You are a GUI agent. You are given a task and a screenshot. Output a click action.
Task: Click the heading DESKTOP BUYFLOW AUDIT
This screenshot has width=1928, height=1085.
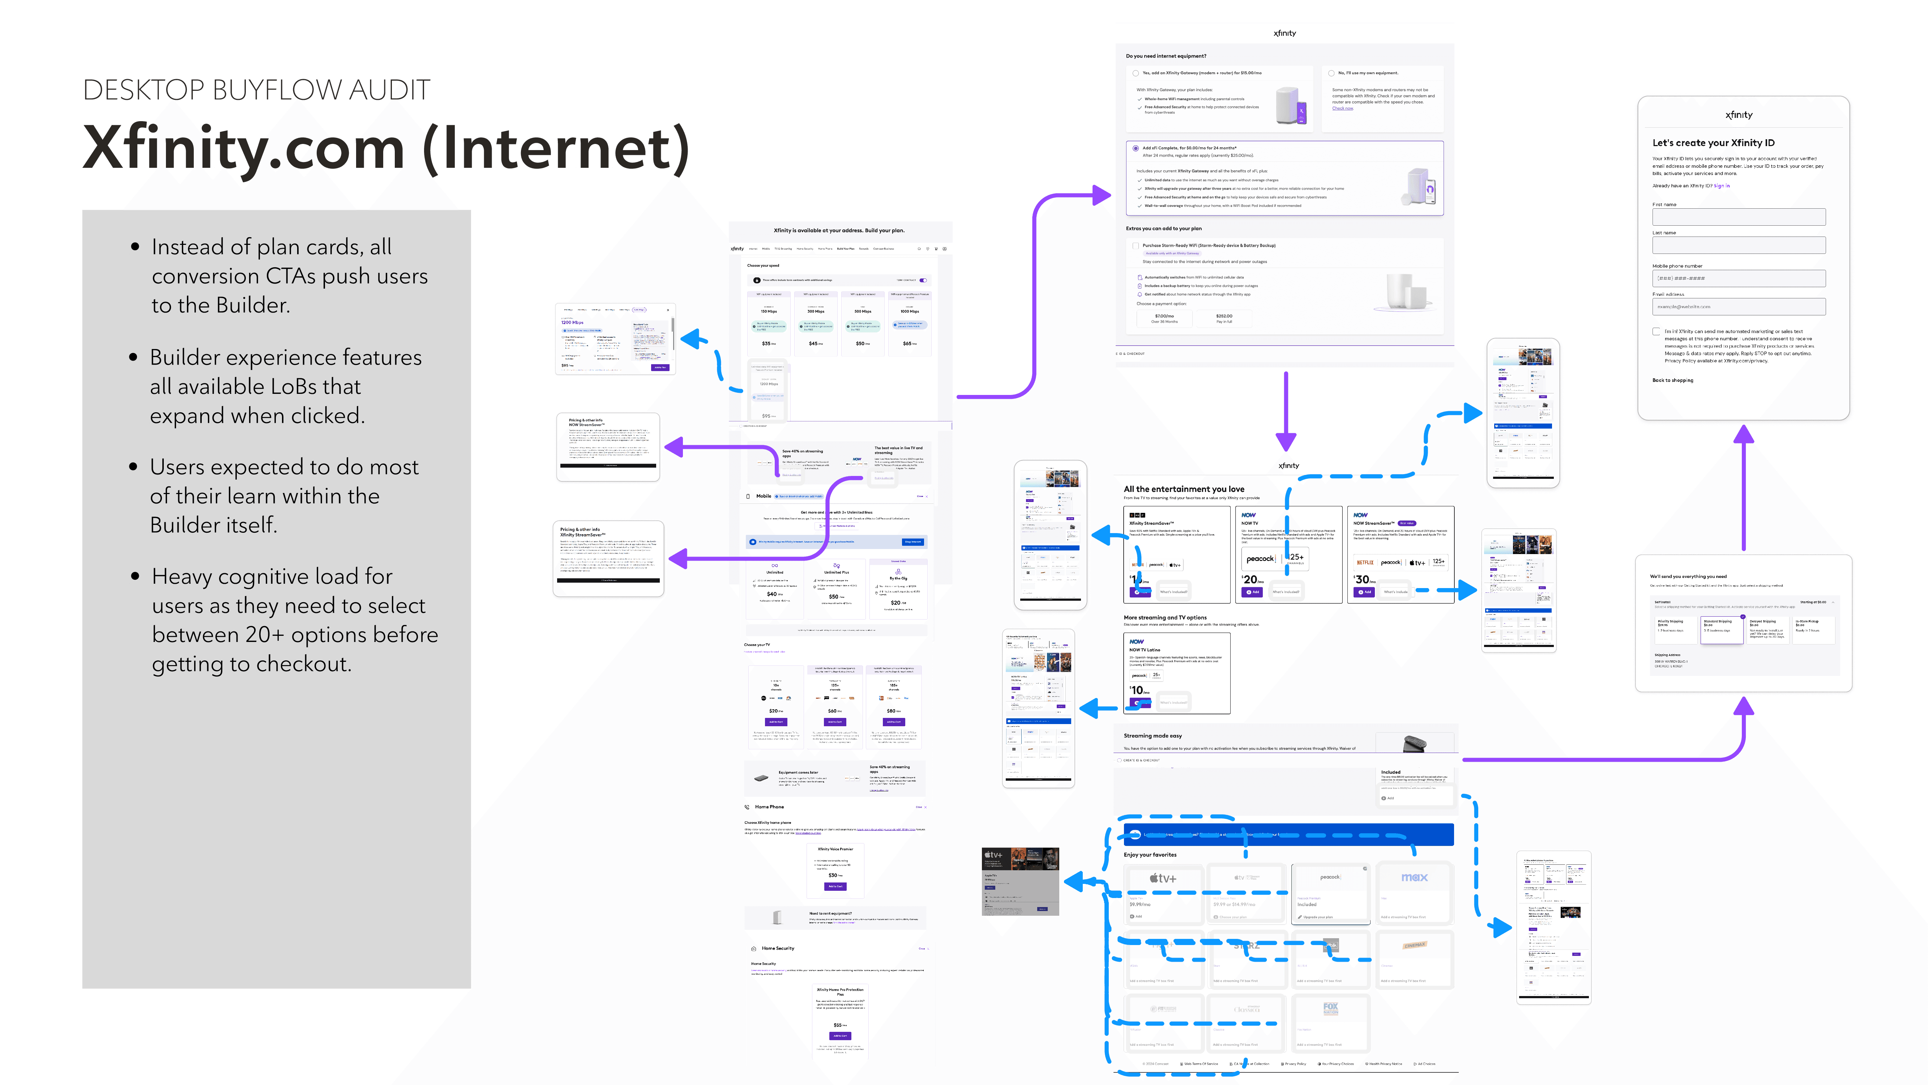click(x=256, y=90)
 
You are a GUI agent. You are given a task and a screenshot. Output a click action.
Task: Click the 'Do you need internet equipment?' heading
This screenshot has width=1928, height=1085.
click(x=1165, y=56)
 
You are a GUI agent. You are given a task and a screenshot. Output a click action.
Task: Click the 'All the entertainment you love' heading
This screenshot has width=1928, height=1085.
click(x=1183, y=489)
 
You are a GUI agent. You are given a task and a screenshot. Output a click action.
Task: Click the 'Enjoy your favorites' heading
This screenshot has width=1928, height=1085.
click(x=1150, y=854)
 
